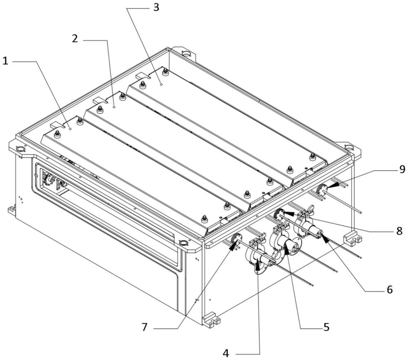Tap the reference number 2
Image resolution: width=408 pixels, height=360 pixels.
(74, 39)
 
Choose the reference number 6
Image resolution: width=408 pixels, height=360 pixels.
(389, 290)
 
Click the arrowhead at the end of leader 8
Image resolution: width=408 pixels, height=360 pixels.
(287, 213)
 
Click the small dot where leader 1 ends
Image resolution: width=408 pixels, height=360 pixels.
(70, 128)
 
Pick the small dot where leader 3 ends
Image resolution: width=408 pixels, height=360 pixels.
(161, 84)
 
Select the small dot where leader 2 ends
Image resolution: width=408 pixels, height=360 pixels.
(114, 106)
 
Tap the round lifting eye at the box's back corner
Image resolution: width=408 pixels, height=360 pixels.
(186, 53)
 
